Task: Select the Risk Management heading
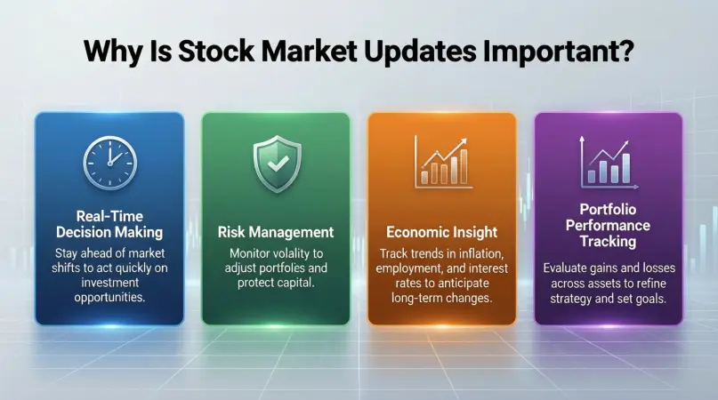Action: (276, 232)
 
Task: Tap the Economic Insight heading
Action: (442, 232)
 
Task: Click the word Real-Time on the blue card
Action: (109, 216)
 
